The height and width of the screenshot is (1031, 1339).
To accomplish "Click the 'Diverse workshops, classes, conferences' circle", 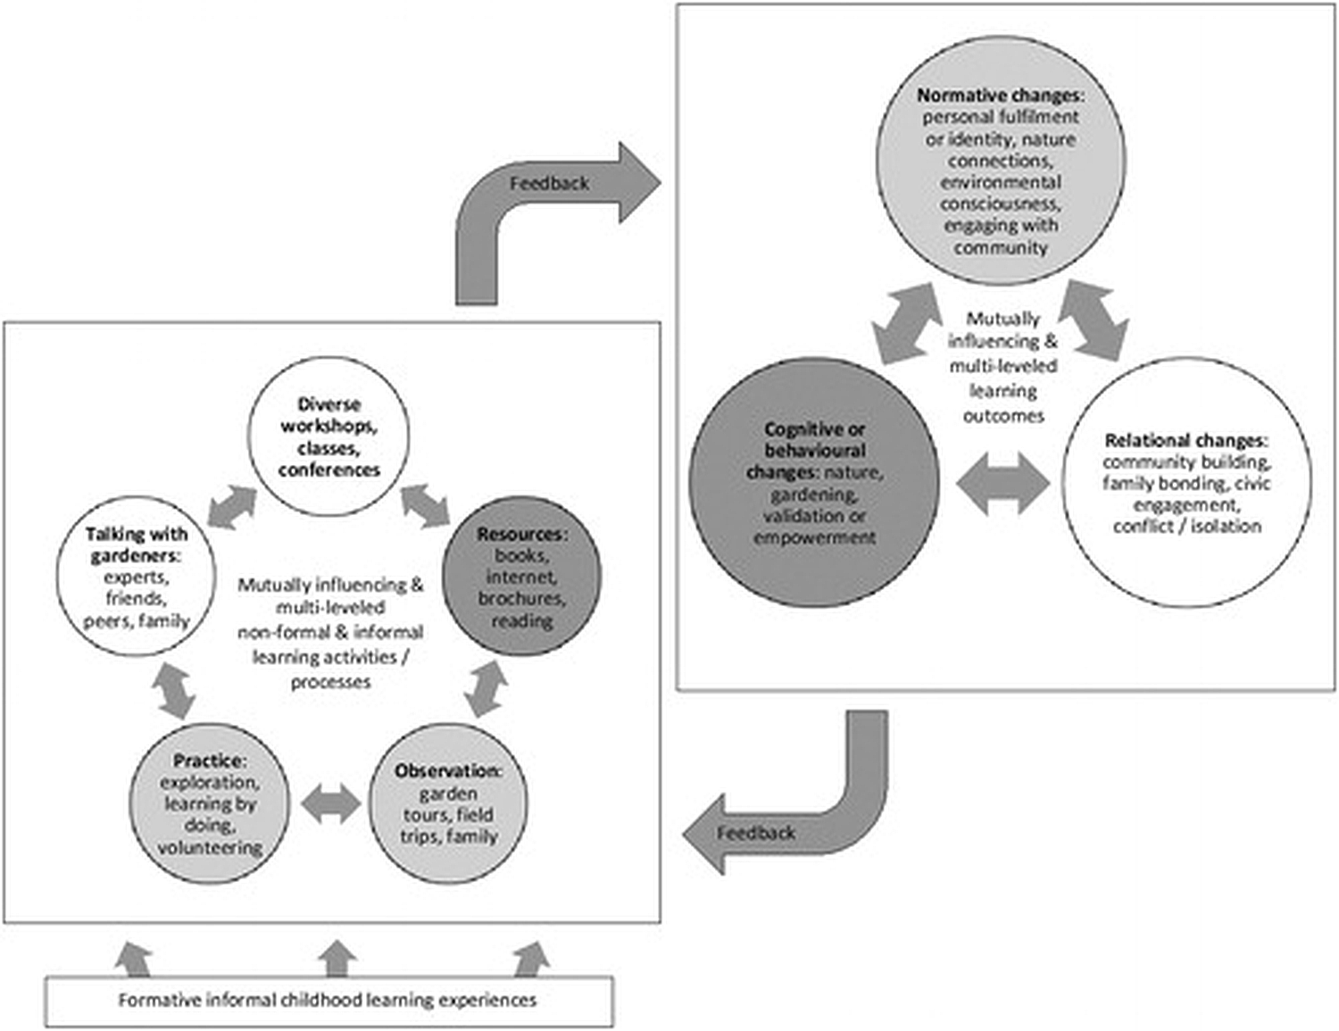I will click(x=328, y=437).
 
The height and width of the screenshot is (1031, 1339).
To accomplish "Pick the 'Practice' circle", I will click(x=209, y=804).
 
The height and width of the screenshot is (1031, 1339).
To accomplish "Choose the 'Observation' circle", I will click(x=447, y=804).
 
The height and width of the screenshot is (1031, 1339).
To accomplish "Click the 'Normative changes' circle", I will click(x=1000, y=162).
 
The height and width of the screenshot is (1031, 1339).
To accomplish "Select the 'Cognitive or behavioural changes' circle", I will click(x=814, y=483).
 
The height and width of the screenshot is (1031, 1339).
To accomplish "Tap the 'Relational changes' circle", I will click(x=1186, y=483).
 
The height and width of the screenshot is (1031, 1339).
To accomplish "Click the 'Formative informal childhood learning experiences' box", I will click(x=329, y=1001).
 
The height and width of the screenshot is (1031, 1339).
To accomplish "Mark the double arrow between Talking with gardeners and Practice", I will click(x=172, y=688).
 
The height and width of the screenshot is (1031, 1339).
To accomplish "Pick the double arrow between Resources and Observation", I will click(x=487, y=688).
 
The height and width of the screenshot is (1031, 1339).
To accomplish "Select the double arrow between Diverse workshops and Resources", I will click(x=425, y=504).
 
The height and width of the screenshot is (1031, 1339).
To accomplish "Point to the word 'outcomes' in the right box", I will click(x=1002, y=416).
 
